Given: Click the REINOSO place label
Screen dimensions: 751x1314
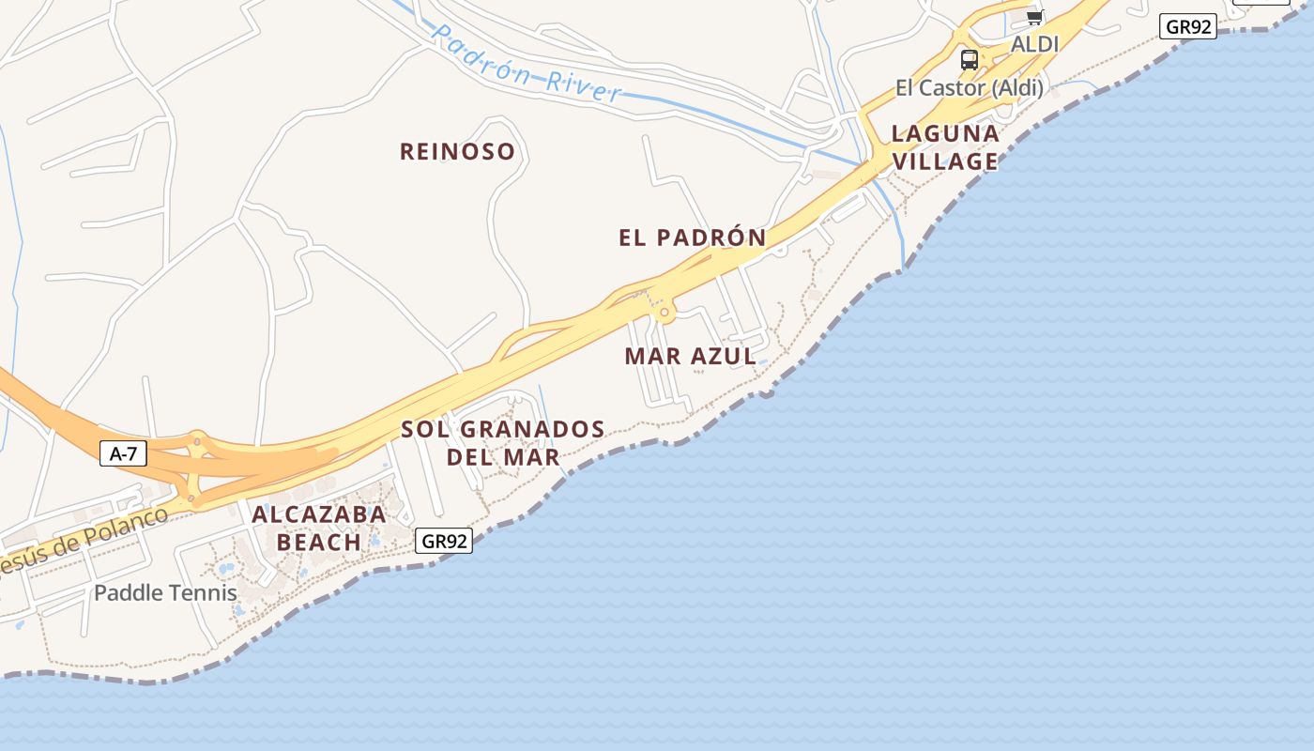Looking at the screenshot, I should coord(457,151).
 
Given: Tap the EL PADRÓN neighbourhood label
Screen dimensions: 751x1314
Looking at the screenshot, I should coord(692,238).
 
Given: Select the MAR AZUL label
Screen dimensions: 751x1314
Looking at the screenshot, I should coord(690,356).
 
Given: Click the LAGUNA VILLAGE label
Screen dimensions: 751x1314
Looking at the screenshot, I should coord(944,147).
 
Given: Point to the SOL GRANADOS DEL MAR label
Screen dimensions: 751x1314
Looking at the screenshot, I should coord(503,443).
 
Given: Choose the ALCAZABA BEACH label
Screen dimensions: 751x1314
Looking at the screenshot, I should coord(318,528).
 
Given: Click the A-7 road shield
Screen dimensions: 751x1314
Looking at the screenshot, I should coord(123,454).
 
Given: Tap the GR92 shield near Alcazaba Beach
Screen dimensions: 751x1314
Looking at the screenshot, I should coord(443,541).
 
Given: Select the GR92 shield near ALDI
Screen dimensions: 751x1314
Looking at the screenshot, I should coord(1188,26).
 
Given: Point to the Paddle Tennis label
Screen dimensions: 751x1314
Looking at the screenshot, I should coord(165,592).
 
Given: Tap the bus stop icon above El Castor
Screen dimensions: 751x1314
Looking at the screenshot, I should coord(970,60).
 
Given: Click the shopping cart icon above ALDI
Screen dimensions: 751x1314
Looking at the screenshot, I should coord(1034,17).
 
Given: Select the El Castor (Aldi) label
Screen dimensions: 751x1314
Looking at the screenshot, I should coord(969,88).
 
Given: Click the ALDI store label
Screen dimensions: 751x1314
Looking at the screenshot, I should coord(1034,44).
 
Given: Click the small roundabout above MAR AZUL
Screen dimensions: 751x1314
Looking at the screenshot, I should coord(665,312).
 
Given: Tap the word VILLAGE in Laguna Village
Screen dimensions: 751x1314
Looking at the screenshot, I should coord(944,161).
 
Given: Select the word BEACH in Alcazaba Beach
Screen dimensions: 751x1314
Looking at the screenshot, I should coord(318,542).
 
